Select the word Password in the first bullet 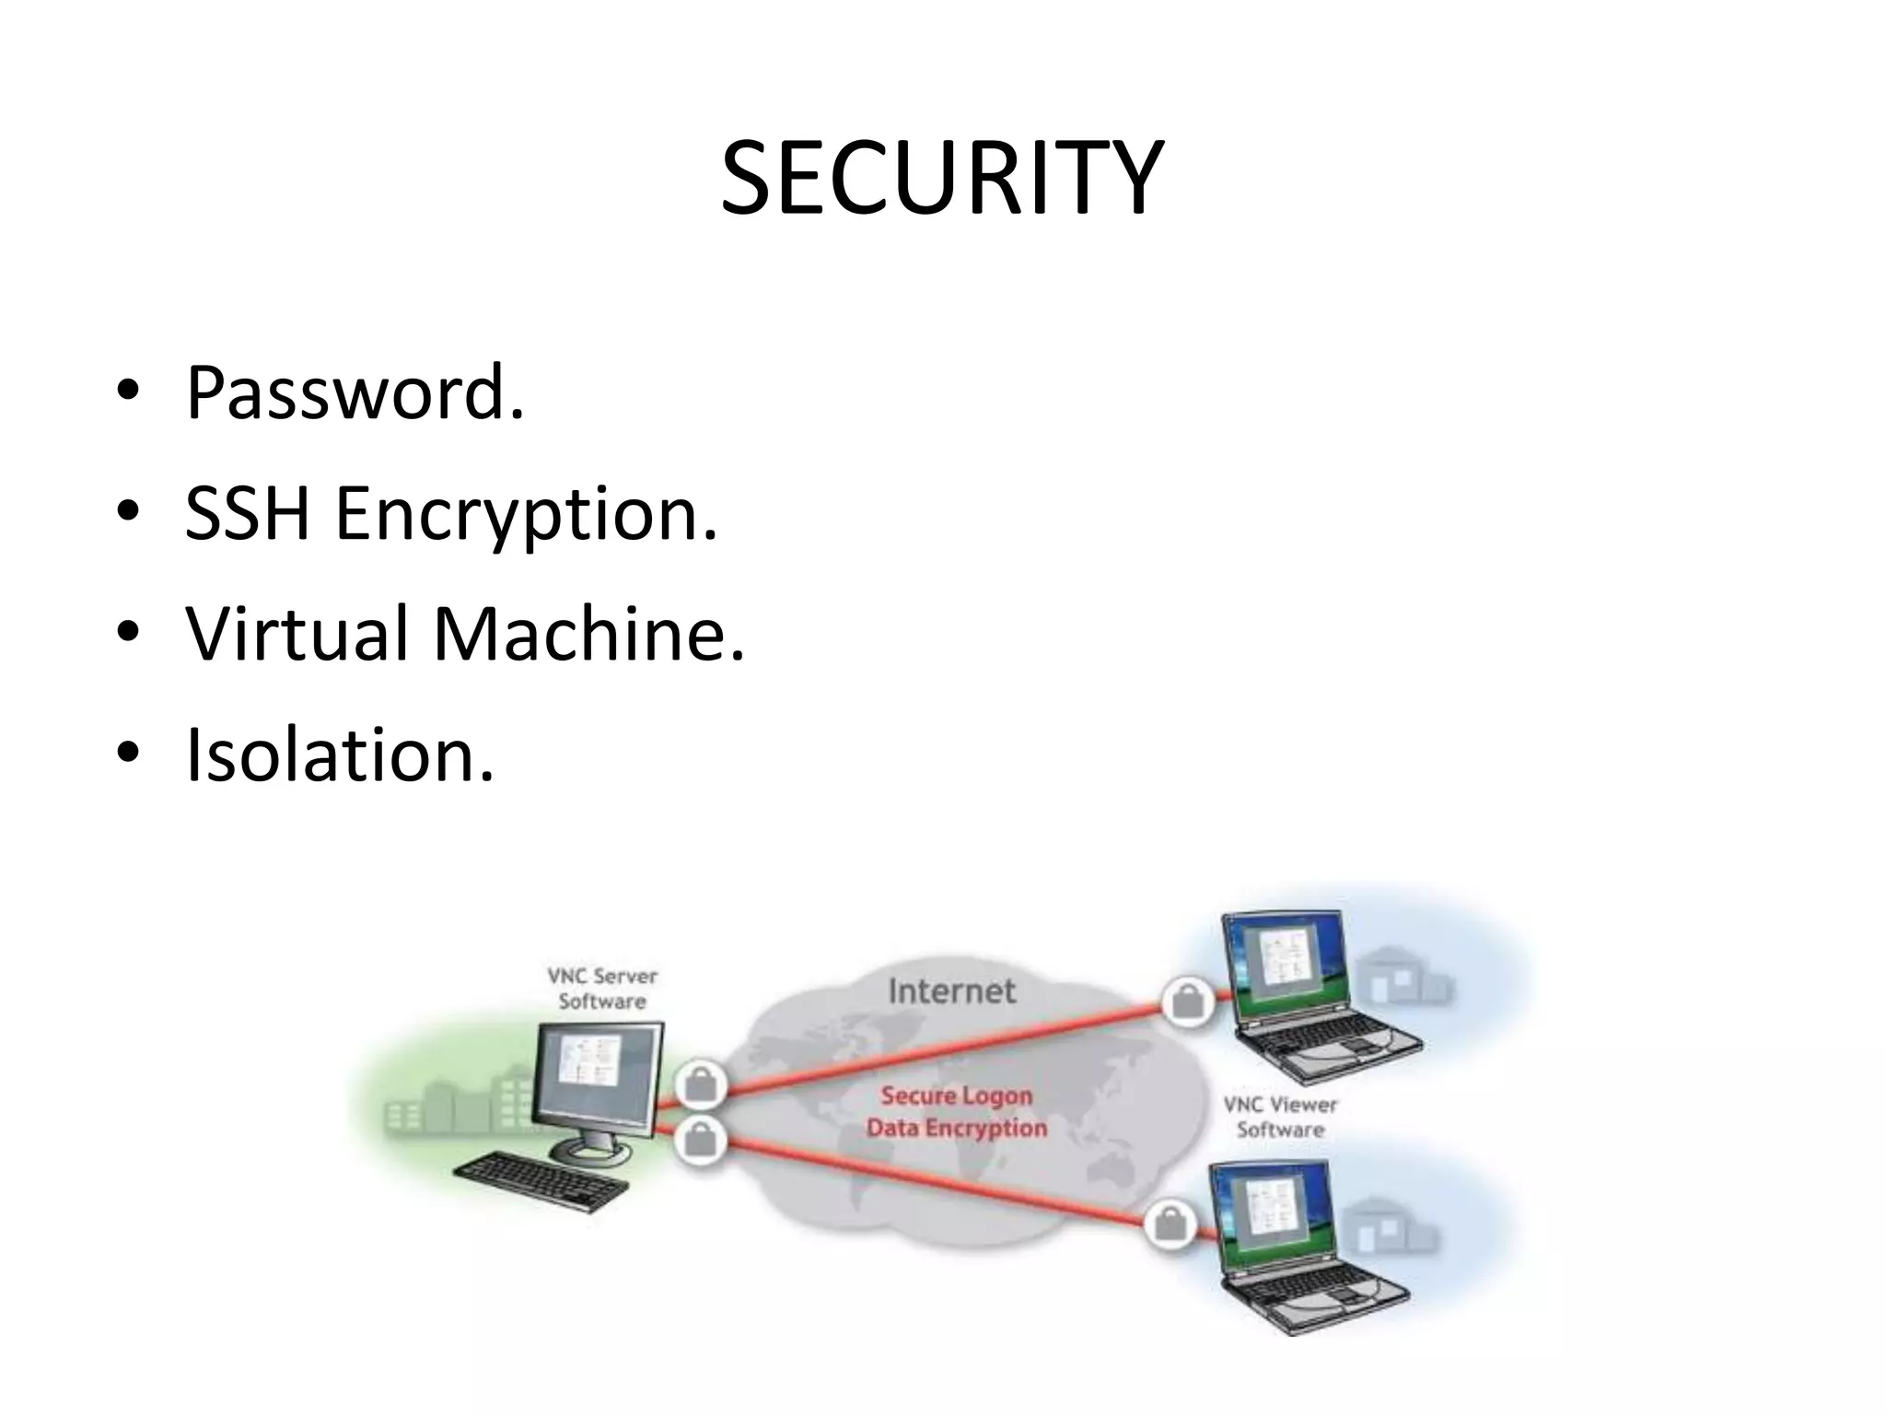click(345, 393)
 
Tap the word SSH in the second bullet click(247, 513)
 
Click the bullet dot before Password click(128, 392)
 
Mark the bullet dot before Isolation click(128, 753)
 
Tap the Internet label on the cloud click(952, 991)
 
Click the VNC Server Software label click(602, 988)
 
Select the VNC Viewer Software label click(1280, 1117)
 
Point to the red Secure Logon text click(956, 1095)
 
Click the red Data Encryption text click(956, 1128)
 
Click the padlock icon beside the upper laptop click(1188, 1001)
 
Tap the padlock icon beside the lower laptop click(1170, 1224)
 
